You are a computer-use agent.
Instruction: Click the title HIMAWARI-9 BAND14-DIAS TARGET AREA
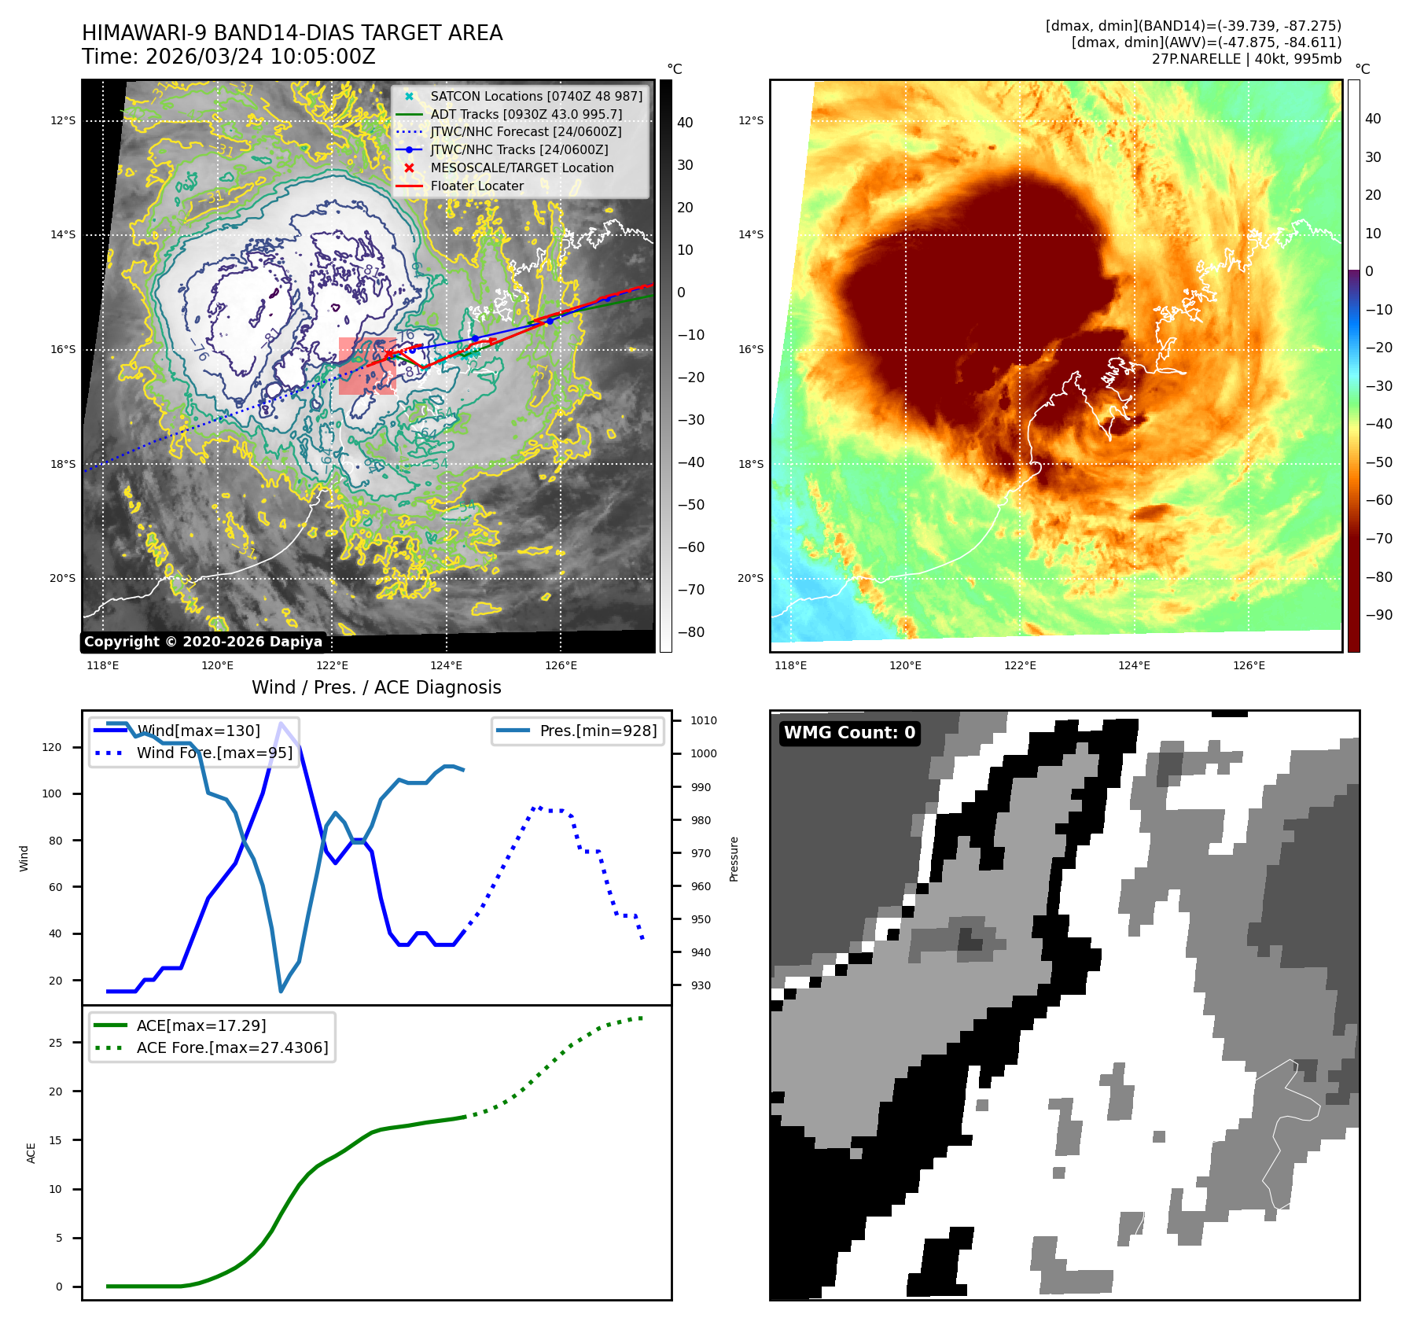pyautogui.click(x=292, y=33)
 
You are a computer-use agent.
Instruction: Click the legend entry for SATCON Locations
pyautogui.click(x=535, y=96)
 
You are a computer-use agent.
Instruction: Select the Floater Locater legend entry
pyautogui.click(x=477, y=186)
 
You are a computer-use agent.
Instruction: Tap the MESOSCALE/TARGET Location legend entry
pyautogui.click(x=521, y=168)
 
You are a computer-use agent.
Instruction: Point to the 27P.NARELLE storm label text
pyautogui.click(x=1246, y=59)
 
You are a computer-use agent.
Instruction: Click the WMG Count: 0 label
pyautogui.click(x=849, y=732)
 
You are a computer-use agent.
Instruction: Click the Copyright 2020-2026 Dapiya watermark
pyautogui.click(x=203, y=642)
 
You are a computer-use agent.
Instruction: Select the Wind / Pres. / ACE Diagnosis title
pyautogui.click(x=376, y=687)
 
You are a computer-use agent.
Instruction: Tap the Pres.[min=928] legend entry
pyautogui.click(x=598, y=731)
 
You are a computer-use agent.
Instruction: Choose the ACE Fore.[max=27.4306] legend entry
pyautogui.click(x=232, y=1047)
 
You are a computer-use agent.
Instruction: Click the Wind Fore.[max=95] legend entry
pyautogui.click(x=214, y=753)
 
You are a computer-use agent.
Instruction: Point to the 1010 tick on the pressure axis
pyautogui.click(x=703, y=720)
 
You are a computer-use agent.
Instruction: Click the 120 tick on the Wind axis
pyautogui.click(x=52, y=747)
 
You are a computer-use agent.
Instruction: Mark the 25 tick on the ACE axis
pyautogui.click(x=55, y=1043)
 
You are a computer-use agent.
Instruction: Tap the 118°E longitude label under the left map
pyautogui.click(x=103, y=665)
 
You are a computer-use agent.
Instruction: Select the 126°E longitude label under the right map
pyautogui.click(x=1249, y=665)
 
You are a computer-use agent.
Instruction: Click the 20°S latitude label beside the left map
pyautogui.click(x=63, y=578)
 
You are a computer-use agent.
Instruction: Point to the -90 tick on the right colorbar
pyautogui.click(x=1378, y=615)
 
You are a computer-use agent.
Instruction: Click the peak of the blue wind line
pyautogui.click(x=281, y=723)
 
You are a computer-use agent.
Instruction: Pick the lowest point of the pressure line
pyautogui.click(x=281, y=991)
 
